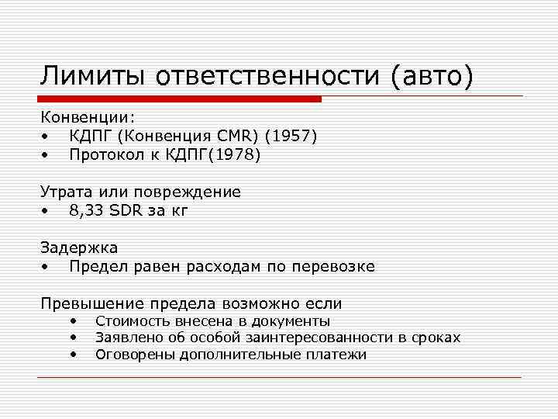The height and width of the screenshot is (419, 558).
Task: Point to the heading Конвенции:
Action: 88,117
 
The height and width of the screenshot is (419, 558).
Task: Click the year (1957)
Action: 291,136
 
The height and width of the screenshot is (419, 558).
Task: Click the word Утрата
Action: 67,192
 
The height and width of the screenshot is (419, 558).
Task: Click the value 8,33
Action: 86,210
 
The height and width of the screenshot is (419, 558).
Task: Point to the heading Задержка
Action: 79,248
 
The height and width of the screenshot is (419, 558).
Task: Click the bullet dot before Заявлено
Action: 72,338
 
